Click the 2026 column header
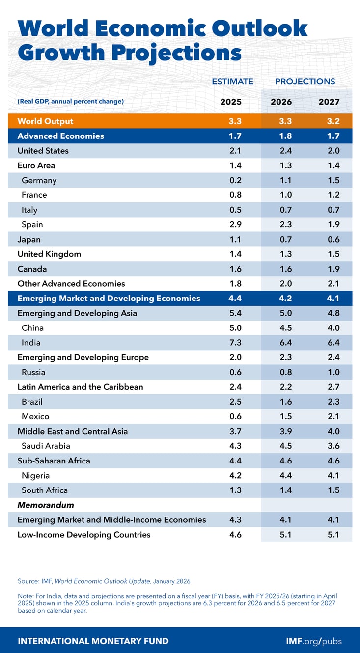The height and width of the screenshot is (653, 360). coord(281,102)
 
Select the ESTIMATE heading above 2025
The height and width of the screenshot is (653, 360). coord(232,82)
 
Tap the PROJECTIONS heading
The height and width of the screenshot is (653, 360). coord(305,82)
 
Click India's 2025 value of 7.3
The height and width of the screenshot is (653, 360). coord(231,343)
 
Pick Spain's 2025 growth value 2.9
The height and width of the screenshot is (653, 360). coord(231,224)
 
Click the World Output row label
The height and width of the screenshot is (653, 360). coord(45,121)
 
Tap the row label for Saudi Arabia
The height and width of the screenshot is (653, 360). coord(46,446)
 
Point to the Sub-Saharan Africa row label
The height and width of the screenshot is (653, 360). coord(54,461)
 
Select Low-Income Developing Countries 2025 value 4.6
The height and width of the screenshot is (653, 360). coord(231,534)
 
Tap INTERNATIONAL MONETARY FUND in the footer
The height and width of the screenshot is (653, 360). coord(93,641)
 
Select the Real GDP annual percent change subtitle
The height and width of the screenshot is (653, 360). coord(70,102)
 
